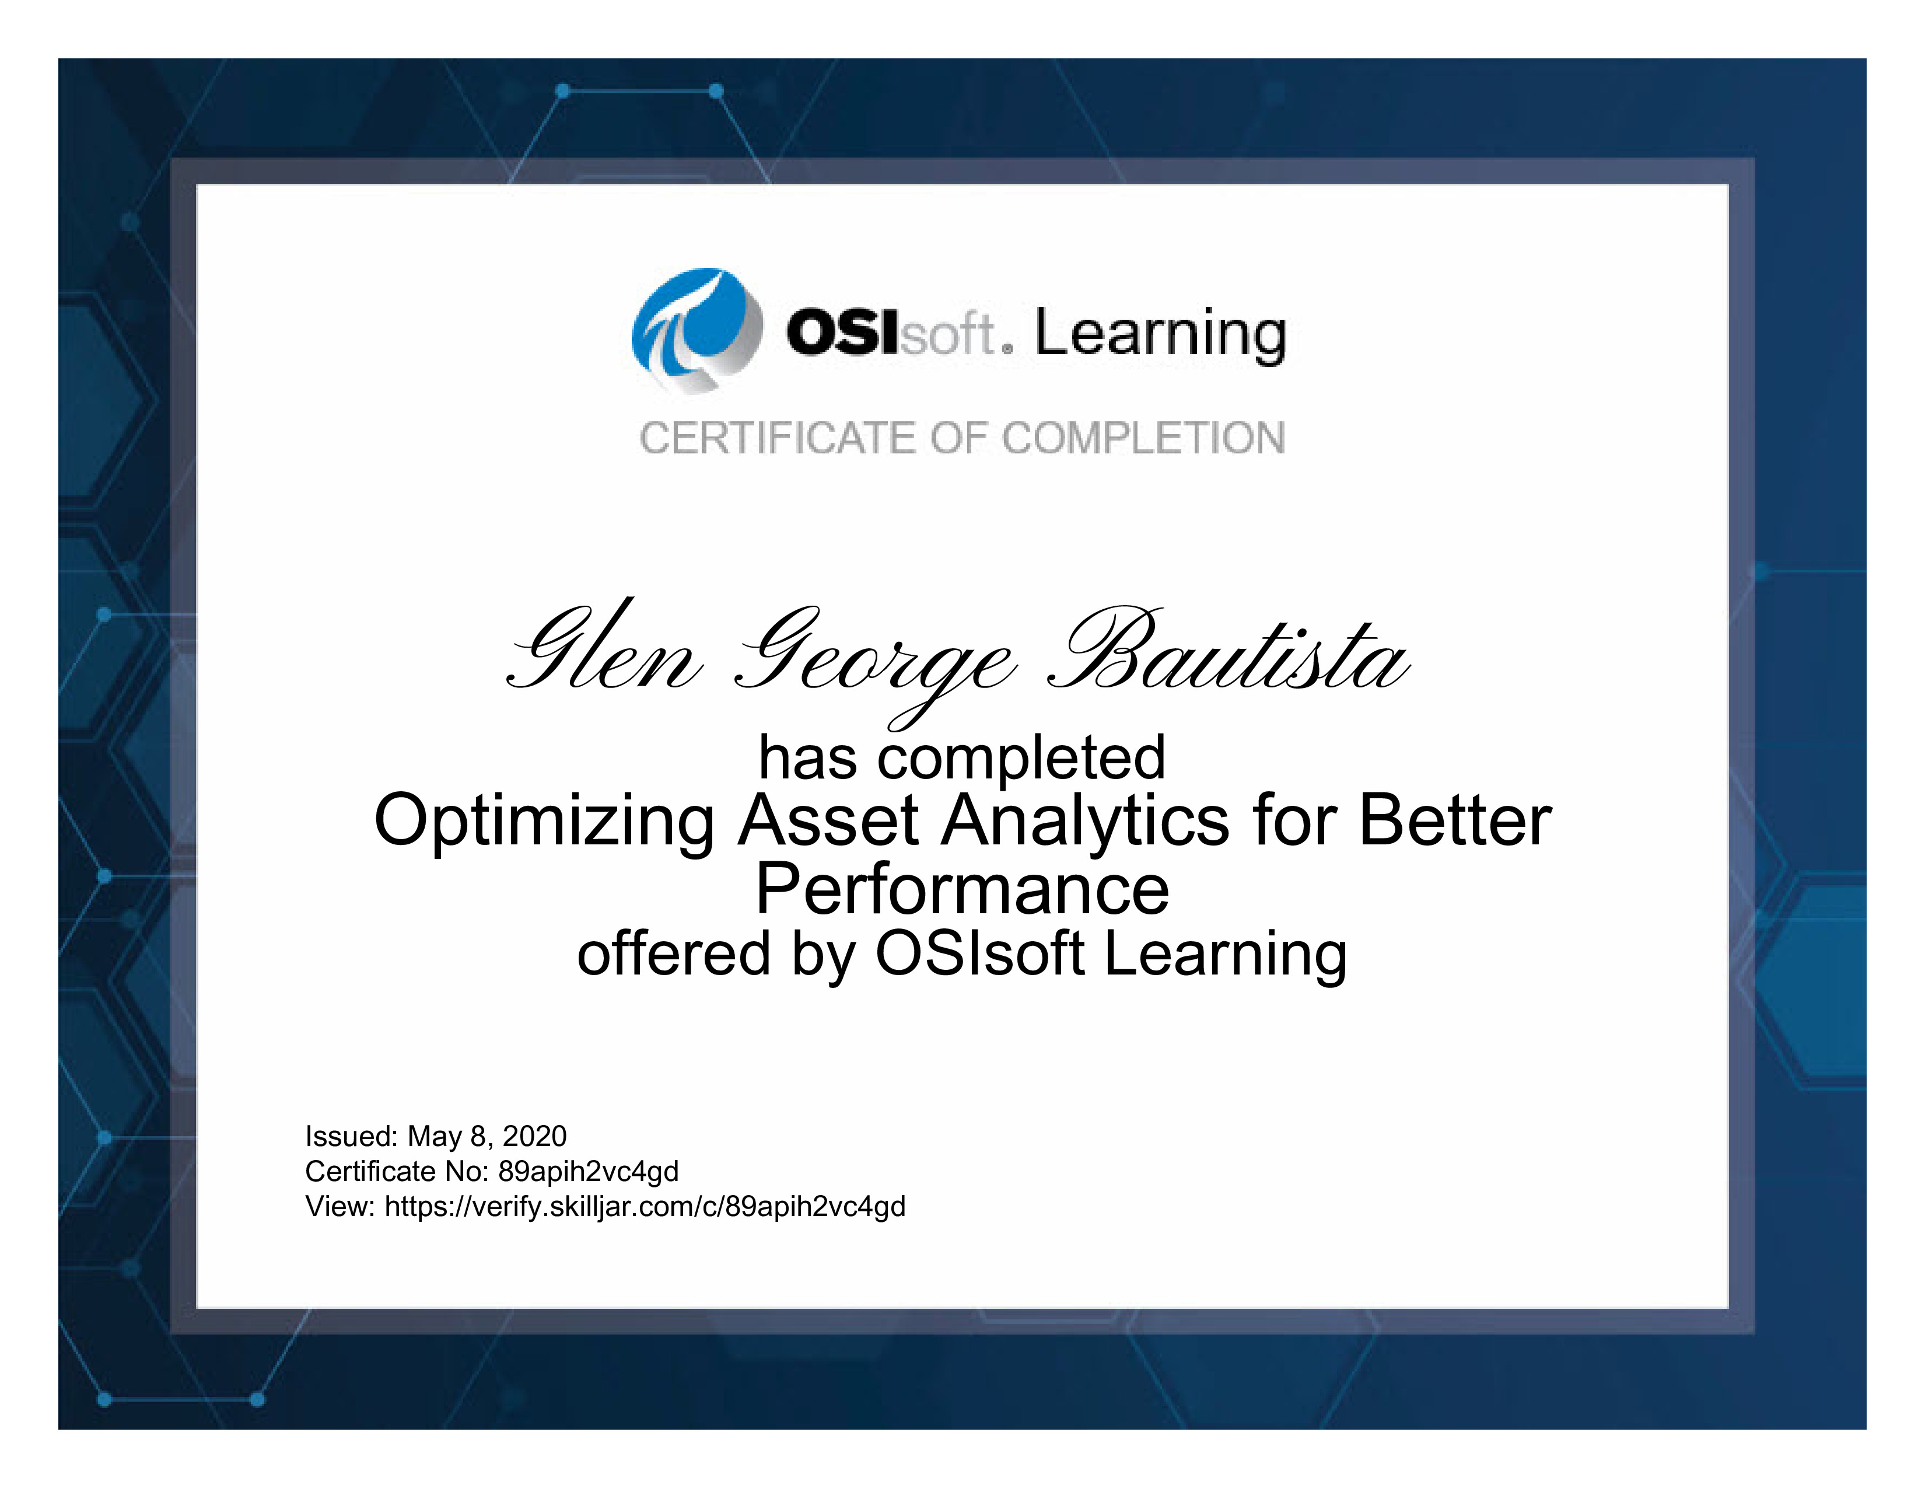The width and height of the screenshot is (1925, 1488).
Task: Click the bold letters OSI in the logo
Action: pos(843,333)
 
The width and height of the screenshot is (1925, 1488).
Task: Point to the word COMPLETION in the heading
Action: pos(1144,438)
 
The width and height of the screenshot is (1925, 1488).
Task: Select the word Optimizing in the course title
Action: pos(544,822)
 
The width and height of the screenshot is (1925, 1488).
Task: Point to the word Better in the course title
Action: pos(1455,820)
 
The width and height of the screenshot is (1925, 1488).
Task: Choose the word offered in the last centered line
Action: pos(674,954)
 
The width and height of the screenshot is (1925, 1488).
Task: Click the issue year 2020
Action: pos(534,1136)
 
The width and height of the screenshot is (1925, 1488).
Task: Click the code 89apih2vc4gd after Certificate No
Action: pos(588,1172)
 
